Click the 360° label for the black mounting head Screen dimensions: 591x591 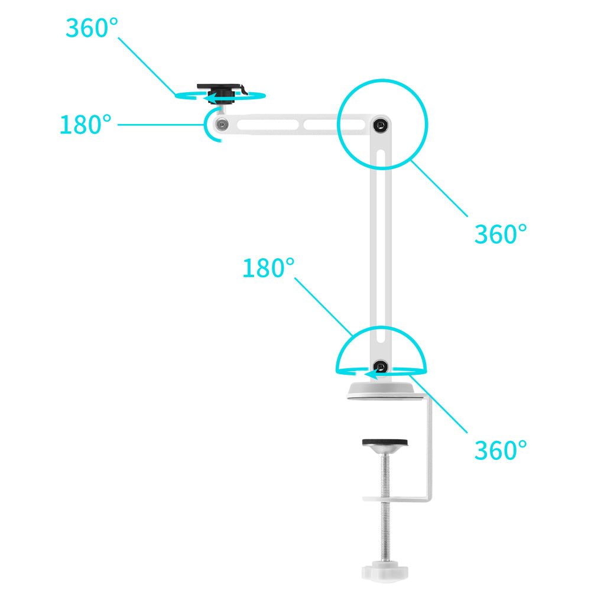pyautogui.click(x=92, y=28)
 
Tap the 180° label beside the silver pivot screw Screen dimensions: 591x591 pyautogui.click(x=86, y=124)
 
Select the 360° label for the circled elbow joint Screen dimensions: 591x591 pyautogui.click(x=501, y=234)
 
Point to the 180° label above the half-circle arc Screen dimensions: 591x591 pyautogui.click(x=268, y=268)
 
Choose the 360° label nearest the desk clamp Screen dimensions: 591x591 pyautogui.click(x=501, y=450)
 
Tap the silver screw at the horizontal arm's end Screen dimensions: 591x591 pyautogui.click(x=222, y=124)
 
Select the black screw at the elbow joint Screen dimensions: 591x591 pyautogui.click(x=381, y=125)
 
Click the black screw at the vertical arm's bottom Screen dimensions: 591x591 pyautogui.click(x=380, y=366)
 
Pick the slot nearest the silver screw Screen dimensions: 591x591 pyautogui.click(x=268, y=124)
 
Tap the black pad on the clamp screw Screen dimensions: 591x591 pyautogui.click(x=385, y=442)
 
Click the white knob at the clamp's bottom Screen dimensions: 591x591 pyautogui.click(x=385, y=571)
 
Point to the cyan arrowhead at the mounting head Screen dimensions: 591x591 pyautogui.click(x=210, y=98)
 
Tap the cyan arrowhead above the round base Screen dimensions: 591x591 pyautogui.click(x=371, y=374)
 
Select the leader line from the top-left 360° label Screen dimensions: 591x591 pyautogui.click(x=147, y=66)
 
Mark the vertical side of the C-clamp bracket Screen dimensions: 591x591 pyautogui.click(x=429, y=448)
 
